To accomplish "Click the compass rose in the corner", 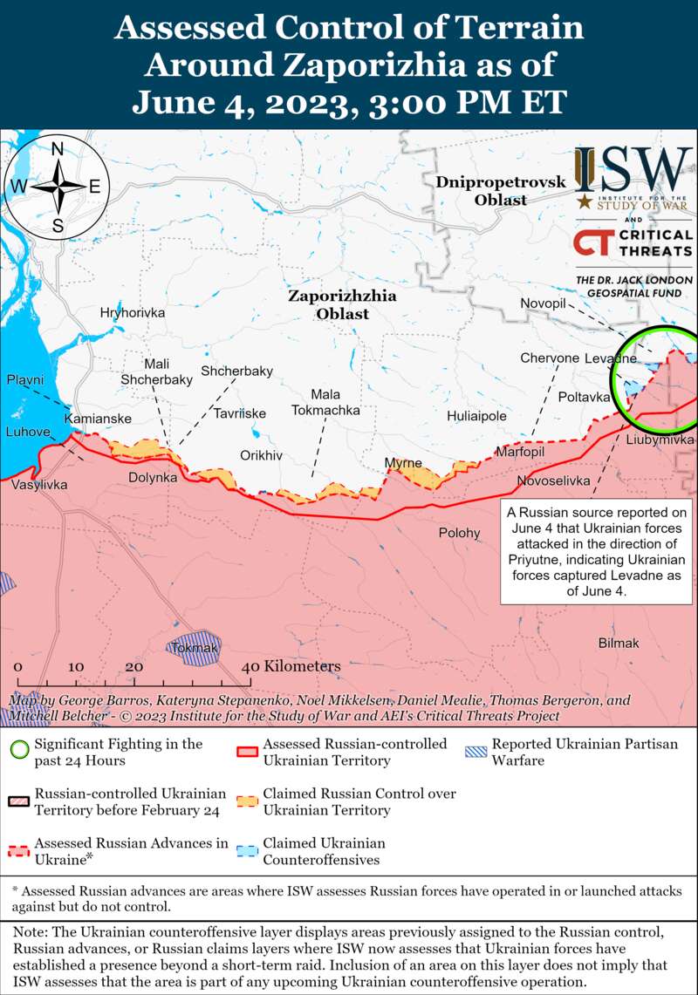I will pyautogui.click(x=57, y=187).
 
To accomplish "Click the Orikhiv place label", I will pyautogui.click(x=262, y=455).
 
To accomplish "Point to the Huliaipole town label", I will pyautogui.click(x=476, y=416).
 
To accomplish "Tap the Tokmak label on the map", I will pyautogui.click(x=195, y=648).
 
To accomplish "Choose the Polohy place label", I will pyautogui.click(x=459, y=533).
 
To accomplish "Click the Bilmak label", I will pyautogui.click(x=619, y=643).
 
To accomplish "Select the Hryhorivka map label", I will pyautogui.click(x=133, y=312).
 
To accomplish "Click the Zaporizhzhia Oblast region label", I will pyautogui.click(x=342, y=304).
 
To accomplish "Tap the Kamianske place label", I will pyautogui.click(x=98, y=419).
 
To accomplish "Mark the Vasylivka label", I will pyautogui.click(x=39, y=484).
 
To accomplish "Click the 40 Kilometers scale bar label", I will pyautogui.click(x=291, y=666).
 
